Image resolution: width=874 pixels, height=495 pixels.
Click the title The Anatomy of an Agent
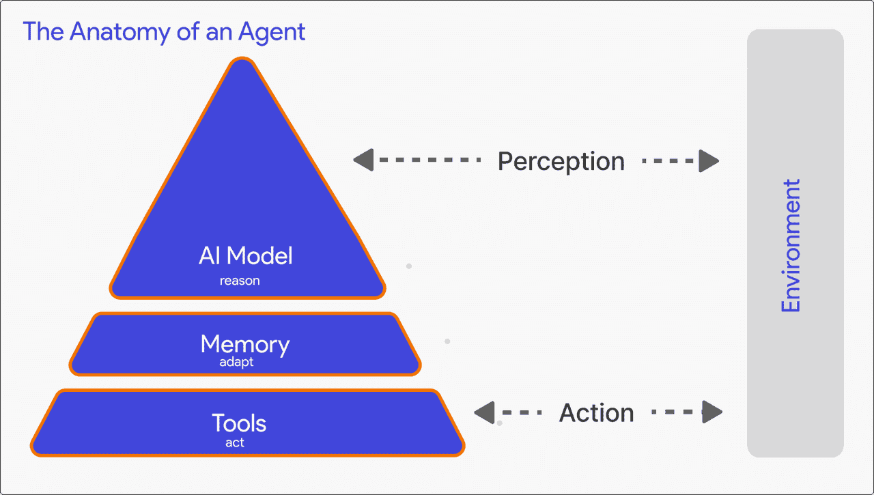164,31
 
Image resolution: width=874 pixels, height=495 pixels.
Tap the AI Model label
245,256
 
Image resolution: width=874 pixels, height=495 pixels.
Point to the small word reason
240,281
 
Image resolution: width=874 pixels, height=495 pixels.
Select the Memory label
244,344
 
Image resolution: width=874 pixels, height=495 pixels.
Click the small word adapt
236,363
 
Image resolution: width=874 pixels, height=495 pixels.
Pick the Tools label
239,423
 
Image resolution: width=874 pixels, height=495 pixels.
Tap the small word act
235,442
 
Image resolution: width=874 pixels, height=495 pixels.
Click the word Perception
561,162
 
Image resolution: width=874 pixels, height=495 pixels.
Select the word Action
596,413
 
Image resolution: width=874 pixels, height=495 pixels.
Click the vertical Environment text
791,246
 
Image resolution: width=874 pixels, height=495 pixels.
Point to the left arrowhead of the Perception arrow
363,160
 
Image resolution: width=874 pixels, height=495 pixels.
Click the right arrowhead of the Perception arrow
709,161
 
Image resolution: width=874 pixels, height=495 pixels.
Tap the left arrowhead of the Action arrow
484,412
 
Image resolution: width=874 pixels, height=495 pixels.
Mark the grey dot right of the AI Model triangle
409,266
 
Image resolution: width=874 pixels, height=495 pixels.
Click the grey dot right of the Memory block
447,341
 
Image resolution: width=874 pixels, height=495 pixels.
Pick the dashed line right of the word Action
676,412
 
